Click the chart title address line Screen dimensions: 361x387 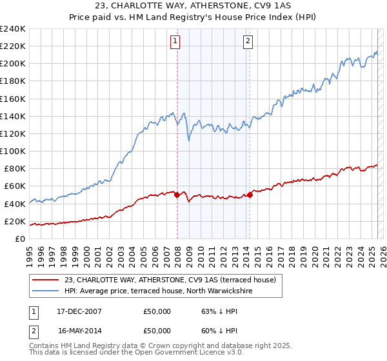click(x=193, y=6)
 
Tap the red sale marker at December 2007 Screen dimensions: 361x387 click(x=177, y=195)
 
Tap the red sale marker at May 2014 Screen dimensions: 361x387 click(x=250, y=195)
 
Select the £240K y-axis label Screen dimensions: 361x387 click(x=13, y=29)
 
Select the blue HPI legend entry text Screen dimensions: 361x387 click(x=159, y=291)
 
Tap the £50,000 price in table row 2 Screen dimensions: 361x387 click(x=157, y=331)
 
